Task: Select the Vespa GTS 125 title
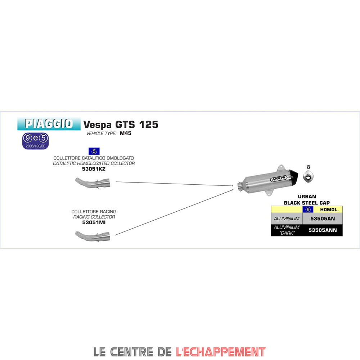[x=121, y=125]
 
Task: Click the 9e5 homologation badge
[x=35, y=141]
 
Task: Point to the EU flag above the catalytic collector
[x=94, y=151]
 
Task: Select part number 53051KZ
[x=94, y=168]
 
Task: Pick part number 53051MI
[x=94, y=222]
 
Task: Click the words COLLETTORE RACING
[x=94, y=212]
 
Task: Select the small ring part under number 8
[x=308, y=177]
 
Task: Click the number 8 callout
[x=308, y=167]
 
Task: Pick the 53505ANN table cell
[x=322, y=230]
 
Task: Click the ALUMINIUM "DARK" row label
[x=286, y=230]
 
